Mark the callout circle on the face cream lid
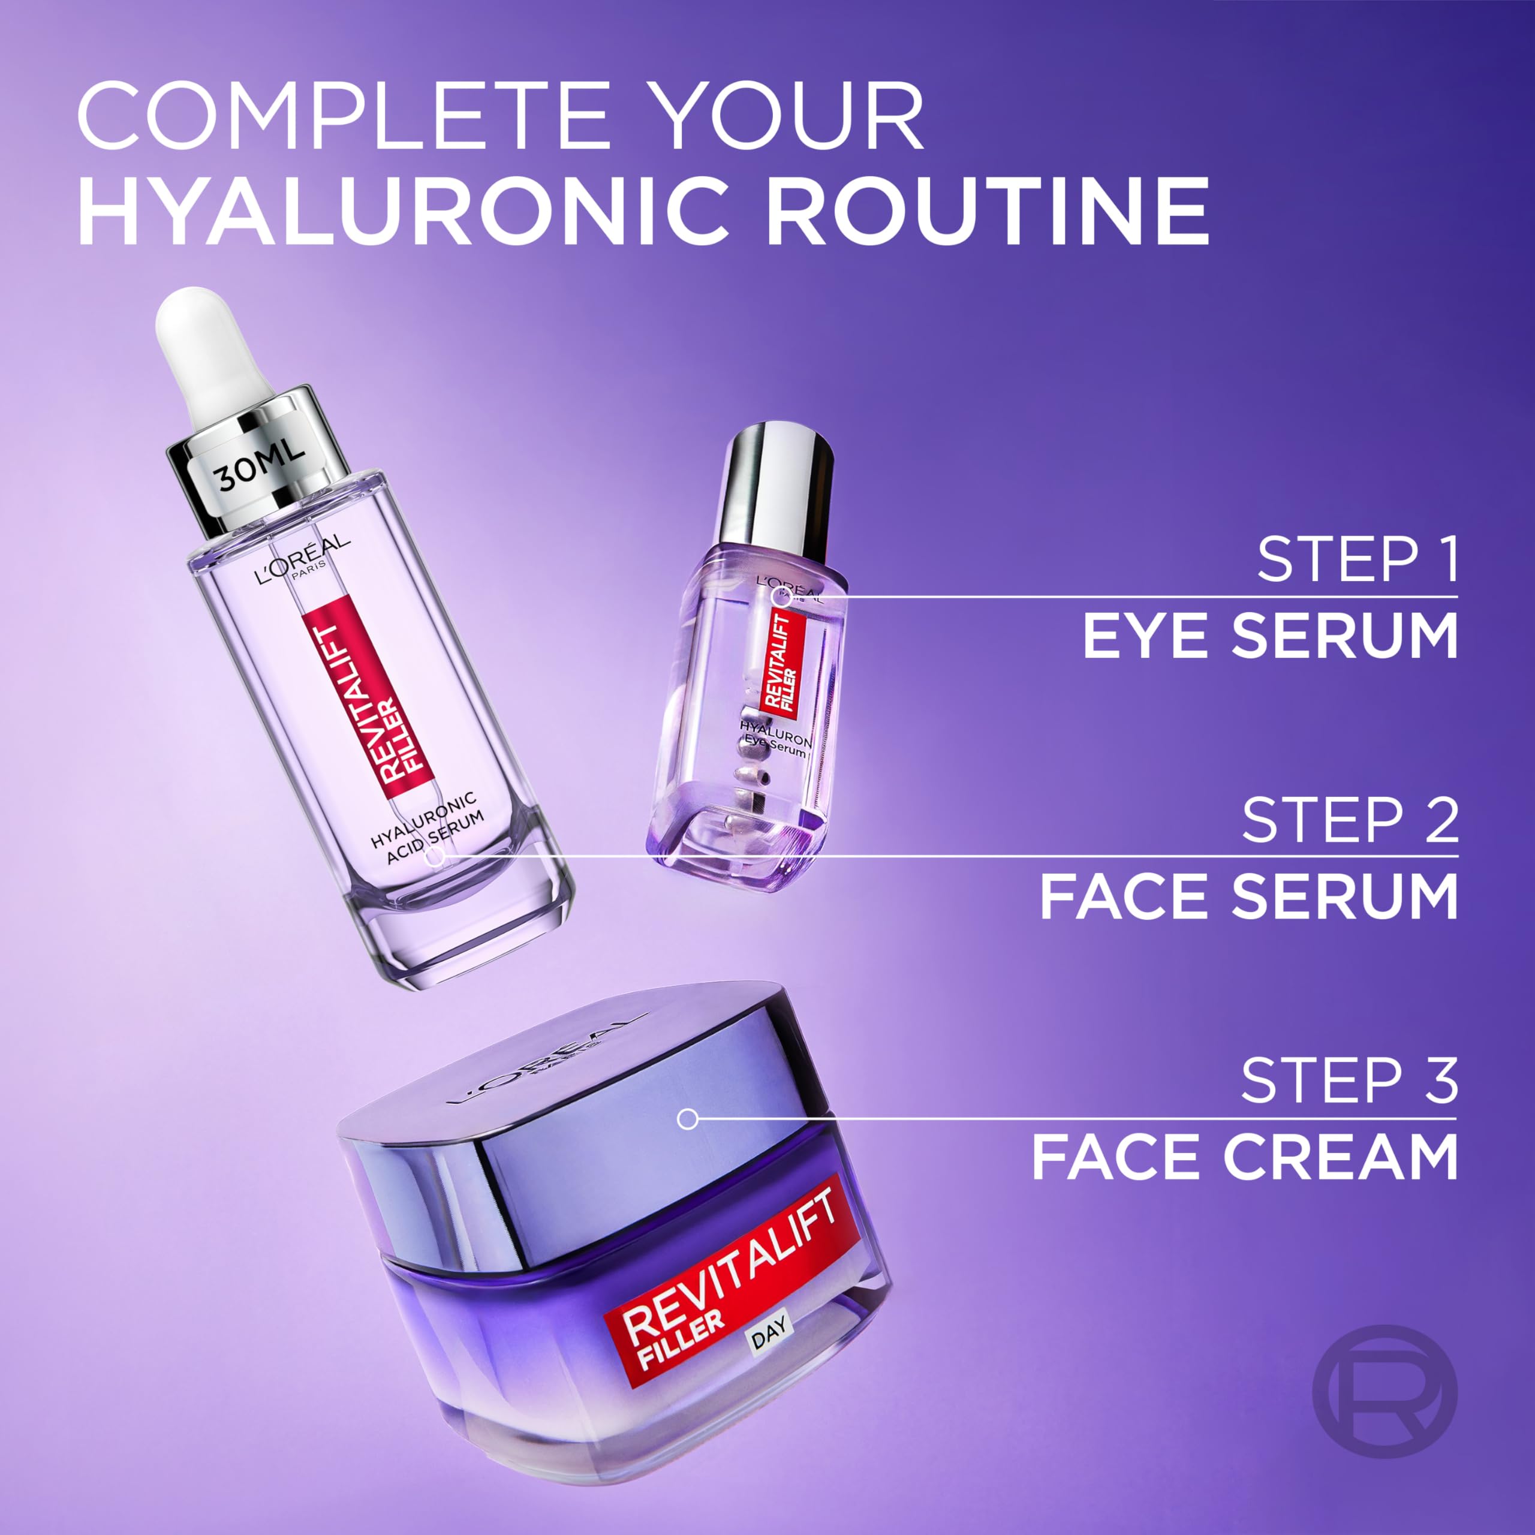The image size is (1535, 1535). point(687,1119)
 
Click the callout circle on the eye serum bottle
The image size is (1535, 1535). point(782,597)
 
